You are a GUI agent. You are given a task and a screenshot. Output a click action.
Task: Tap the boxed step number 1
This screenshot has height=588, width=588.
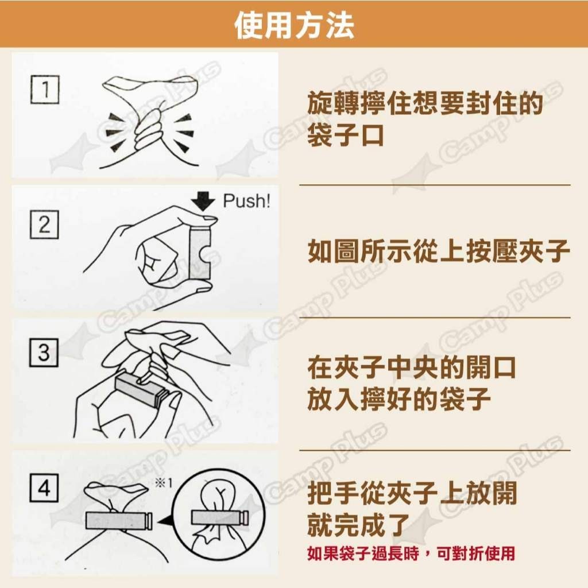(x=45, y=89)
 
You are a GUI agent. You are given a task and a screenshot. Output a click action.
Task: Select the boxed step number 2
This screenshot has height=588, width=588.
(x=44, y=225)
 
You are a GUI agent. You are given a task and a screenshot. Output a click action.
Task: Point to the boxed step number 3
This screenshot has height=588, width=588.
(x=44, y=353)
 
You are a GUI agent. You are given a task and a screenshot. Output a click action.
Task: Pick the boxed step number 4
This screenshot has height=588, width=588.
(x=44, y=488)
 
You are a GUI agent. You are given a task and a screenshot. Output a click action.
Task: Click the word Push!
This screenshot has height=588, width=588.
(x=246, y=202)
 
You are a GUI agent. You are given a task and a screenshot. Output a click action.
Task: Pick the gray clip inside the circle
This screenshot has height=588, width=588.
(x=219, y=518)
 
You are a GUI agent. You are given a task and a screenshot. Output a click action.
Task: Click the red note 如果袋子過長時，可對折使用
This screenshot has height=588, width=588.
(x=411, y=553)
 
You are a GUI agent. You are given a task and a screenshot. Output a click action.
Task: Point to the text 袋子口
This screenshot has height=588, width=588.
(x=345, y=135)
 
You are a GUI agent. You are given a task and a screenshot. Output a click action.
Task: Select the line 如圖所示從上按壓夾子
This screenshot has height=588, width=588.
(x=438, y=251)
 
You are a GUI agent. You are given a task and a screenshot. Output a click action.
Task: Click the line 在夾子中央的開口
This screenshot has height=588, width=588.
(x=411, y=367)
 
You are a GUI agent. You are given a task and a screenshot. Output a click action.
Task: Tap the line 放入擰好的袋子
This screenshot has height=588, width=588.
(x=399, y=399)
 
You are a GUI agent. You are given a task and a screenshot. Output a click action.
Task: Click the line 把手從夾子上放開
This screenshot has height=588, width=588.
(x=412, y=493)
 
